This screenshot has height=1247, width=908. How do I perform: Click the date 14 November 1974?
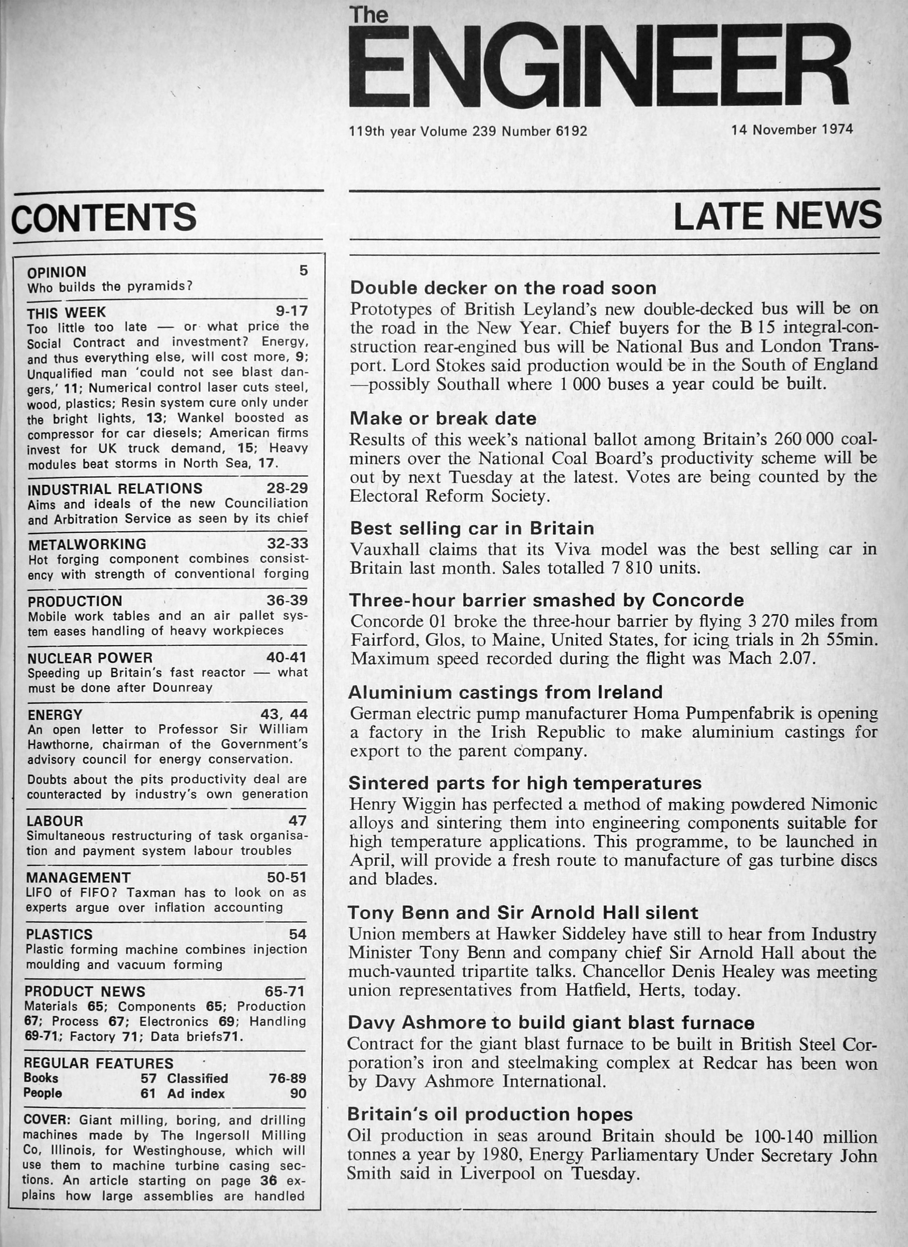point(792,130)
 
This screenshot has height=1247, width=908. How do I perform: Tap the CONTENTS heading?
point(104,217)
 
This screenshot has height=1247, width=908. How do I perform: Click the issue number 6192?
point(571,131)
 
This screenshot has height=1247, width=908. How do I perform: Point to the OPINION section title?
point(57,272)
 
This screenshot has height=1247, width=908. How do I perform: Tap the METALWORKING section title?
point(87,544)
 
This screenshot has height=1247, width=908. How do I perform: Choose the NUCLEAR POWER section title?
point(90,658)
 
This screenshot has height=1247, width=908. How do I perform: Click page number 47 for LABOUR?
point(298,821)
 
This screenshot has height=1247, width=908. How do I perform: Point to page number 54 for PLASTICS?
point(298,934)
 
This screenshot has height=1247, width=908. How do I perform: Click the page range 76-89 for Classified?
point(287,1078)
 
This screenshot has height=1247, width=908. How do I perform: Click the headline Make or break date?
point(443,419)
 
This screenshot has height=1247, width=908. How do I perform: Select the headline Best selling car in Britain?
point(472,528)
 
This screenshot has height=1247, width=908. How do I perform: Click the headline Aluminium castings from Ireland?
point(506,692)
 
